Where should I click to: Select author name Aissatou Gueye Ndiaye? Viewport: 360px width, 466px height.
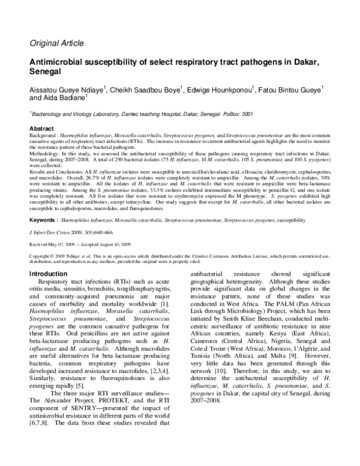pos(67,91)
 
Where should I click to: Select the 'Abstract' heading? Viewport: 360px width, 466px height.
pos(43,129)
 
